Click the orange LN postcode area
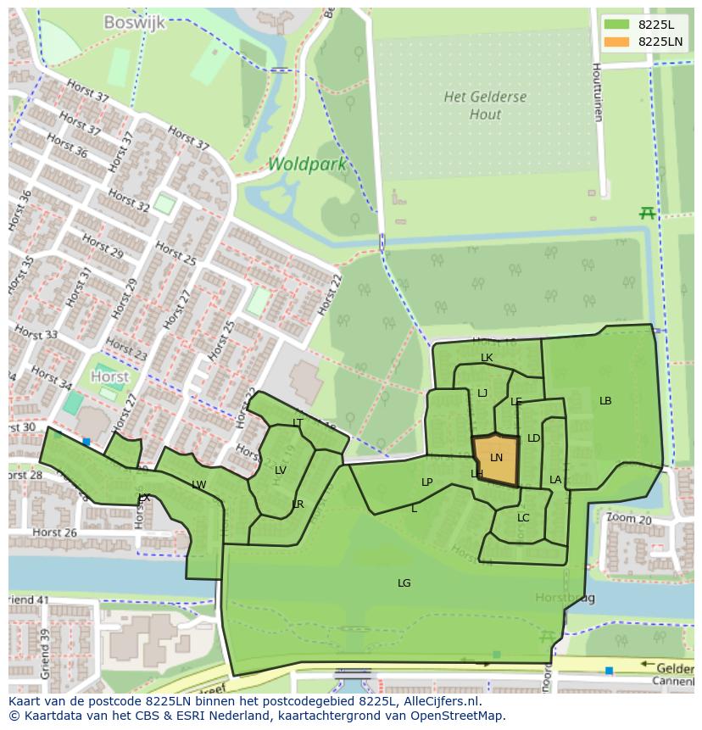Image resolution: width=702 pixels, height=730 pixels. (496, 460)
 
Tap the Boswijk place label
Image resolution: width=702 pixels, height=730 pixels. (134, 23)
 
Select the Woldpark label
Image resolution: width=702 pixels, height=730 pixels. (308, 164)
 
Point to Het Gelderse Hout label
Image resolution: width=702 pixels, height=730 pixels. (485, 105)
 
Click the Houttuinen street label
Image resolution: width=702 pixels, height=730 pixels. (597, 92)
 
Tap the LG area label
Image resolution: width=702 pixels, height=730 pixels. (404, 582)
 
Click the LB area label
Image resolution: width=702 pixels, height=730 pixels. (605, 401)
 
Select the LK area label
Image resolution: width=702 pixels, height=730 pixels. (487, 358)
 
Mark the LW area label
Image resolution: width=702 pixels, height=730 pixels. (198, 485)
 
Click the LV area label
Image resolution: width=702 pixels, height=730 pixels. (281, 471)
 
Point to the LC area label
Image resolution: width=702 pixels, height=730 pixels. (523, 518)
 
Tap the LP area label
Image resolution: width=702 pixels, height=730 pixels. (427, 482)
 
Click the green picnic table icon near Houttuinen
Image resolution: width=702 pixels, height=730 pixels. (648, 214)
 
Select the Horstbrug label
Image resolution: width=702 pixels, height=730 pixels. (565, 599)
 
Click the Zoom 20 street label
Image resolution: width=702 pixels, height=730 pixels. (628, 519)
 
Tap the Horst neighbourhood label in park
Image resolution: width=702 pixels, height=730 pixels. (110, 376)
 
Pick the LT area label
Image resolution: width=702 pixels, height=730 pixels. (298, 422)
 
